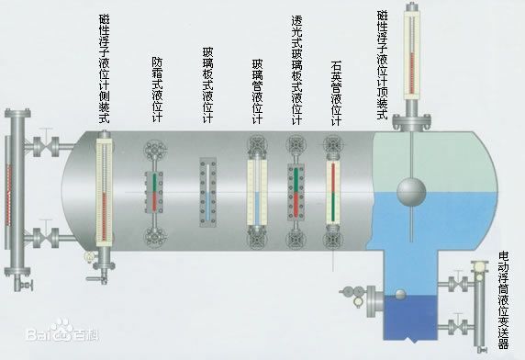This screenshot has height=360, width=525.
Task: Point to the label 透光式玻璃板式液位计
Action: (296, 69)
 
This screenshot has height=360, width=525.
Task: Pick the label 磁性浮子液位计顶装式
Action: (383, 59)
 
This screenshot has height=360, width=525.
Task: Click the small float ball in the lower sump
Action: (399, 295)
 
